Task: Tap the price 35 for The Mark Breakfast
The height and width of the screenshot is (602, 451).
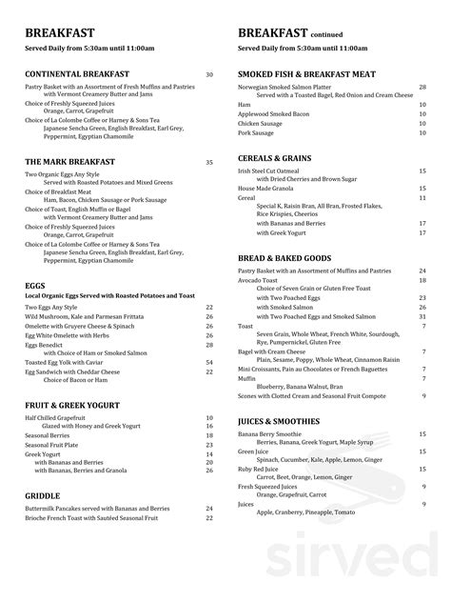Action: (x=209, y=162)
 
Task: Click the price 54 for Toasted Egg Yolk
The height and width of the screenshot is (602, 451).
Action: (x=209, y=362)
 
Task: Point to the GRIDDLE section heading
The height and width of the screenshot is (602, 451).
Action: (x=44, y=495)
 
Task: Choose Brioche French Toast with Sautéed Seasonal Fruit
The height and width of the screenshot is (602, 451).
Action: (x=106, y=520)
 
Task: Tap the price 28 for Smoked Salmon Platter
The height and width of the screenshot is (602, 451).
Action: (x=422, y=87)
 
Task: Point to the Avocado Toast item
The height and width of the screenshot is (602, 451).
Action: (x=258, y=280)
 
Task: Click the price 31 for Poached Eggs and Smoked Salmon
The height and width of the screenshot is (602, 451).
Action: (x=422, y=315)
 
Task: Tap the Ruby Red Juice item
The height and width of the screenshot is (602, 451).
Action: (x=258, y=469)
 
